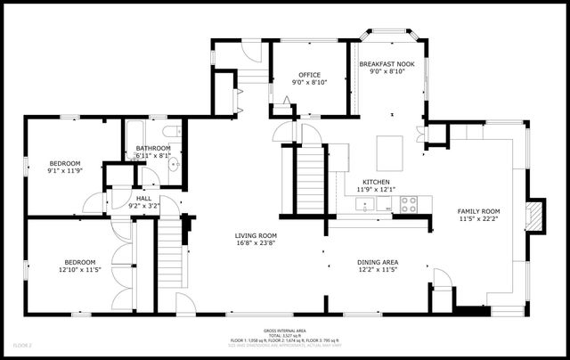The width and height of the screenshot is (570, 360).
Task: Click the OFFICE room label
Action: click(309, 75)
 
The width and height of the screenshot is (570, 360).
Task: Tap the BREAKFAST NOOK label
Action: click(386, 65)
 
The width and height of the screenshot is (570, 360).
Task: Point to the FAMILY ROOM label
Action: click(479, 210)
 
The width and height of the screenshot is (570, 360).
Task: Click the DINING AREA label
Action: click(378, 262)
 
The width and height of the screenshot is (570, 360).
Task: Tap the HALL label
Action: click(143, 199)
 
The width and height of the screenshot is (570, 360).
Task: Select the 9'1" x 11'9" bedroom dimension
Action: click(64, 171)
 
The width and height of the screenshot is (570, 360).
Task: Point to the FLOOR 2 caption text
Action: click(22, 344)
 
